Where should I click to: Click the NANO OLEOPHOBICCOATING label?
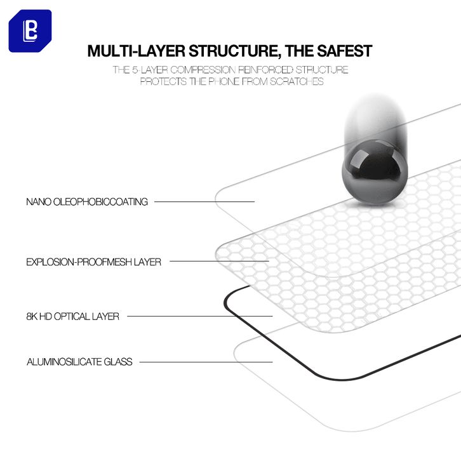[x=87, y=202]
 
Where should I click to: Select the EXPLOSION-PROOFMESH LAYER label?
[x=94, y=262]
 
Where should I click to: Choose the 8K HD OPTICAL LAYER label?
[x=72, y=316]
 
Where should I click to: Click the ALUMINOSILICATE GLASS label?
[x=79, y=362]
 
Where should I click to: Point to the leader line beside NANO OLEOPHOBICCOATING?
[x=204, y=202]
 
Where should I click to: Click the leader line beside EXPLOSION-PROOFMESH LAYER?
[x=219, y=261]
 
